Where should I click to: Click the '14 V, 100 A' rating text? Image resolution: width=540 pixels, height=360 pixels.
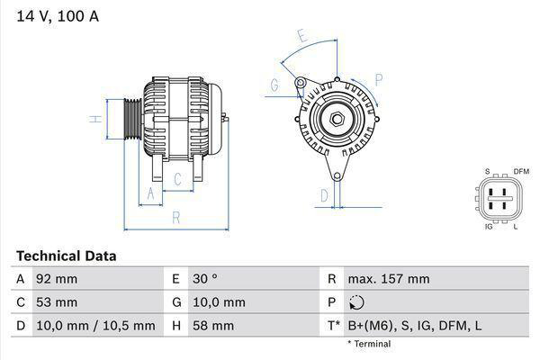pos(56,16)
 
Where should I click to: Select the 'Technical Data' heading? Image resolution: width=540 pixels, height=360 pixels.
pos(66,256)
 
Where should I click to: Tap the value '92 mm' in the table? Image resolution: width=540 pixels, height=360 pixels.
pos(56,279)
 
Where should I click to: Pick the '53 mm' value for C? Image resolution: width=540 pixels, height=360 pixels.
pos(56,302)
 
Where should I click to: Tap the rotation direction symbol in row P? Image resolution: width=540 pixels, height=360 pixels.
pos(358,303)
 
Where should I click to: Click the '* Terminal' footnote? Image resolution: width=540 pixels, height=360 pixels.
pos(369,344)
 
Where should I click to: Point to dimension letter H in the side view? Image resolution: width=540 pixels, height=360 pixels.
pos(93,119)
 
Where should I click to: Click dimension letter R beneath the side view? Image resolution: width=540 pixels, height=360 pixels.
pos(176,217)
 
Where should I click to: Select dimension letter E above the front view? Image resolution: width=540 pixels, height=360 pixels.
pos(303,37)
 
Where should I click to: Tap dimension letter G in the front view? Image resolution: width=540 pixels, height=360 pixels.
pos(274,85)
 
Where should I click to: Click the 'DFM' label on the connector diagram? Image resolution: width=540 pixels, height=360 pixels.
pos(521,171)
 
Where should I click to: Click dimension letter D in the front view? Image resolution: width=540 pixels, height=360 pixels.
pos(324,194)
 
